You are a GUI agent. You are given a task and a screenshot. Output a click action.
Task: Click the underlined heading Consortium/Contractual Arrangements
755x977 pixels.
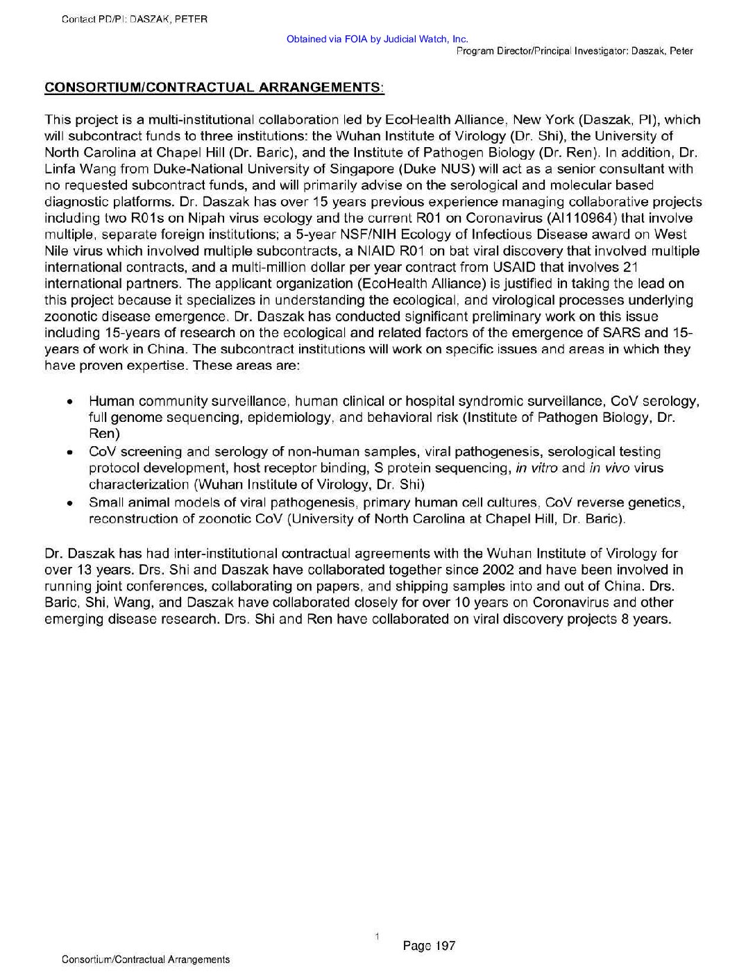214,87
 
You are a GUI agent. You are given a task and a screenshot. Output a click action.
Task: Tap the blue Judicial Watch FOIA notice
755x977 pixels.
377,40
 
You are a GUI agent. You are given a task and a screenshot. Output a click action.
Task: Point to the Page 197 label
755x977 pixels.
429,945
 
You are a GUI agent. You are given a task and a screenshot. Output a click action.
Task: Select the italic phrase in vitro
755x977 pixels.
536,468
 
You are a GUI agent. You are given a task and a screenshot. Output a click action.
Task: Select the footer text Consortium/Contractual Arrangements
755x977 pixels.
146,960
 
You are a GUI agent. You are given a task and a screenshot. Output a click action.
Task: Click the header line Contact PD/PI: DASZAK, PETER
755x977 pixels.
135,19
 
